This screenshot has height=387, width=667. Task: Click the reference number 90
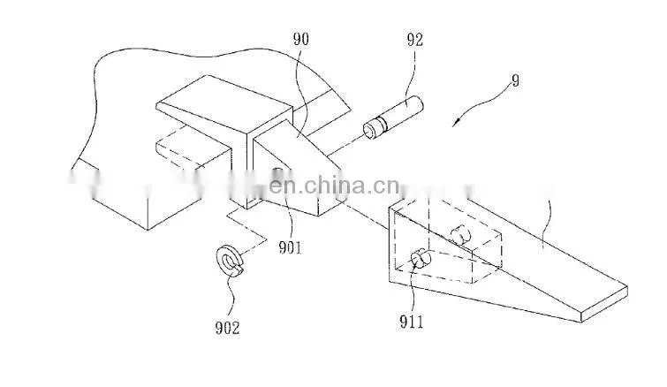click(300, 40)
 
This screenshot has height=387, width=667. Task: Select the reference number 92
click(415, 40)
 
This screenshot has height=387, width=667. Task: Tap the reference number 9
click(515, 80)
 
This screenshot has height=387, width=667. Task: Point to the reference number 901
click(290, 247)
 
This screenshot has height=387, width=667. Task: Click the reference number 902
click(227, 328)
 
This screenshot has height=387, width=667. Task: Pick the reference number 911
click(412, 322)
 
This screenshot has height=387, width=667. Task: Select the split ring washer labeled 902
click(231, 261)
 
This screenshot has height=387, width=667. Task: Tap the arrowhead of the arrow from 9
click(456, 122)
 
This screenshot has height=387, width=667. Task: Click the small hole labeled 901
click(277, 172)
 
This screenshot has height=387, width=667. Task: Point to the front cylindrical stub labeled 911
click(421, 259)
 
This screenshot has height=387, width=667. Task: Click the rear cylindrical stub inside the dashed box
click(460, 235)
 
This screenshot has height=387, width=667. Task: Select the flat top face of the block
click(224, 102)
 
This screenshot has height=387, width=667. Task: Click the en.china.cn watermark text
click(335, 186)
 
